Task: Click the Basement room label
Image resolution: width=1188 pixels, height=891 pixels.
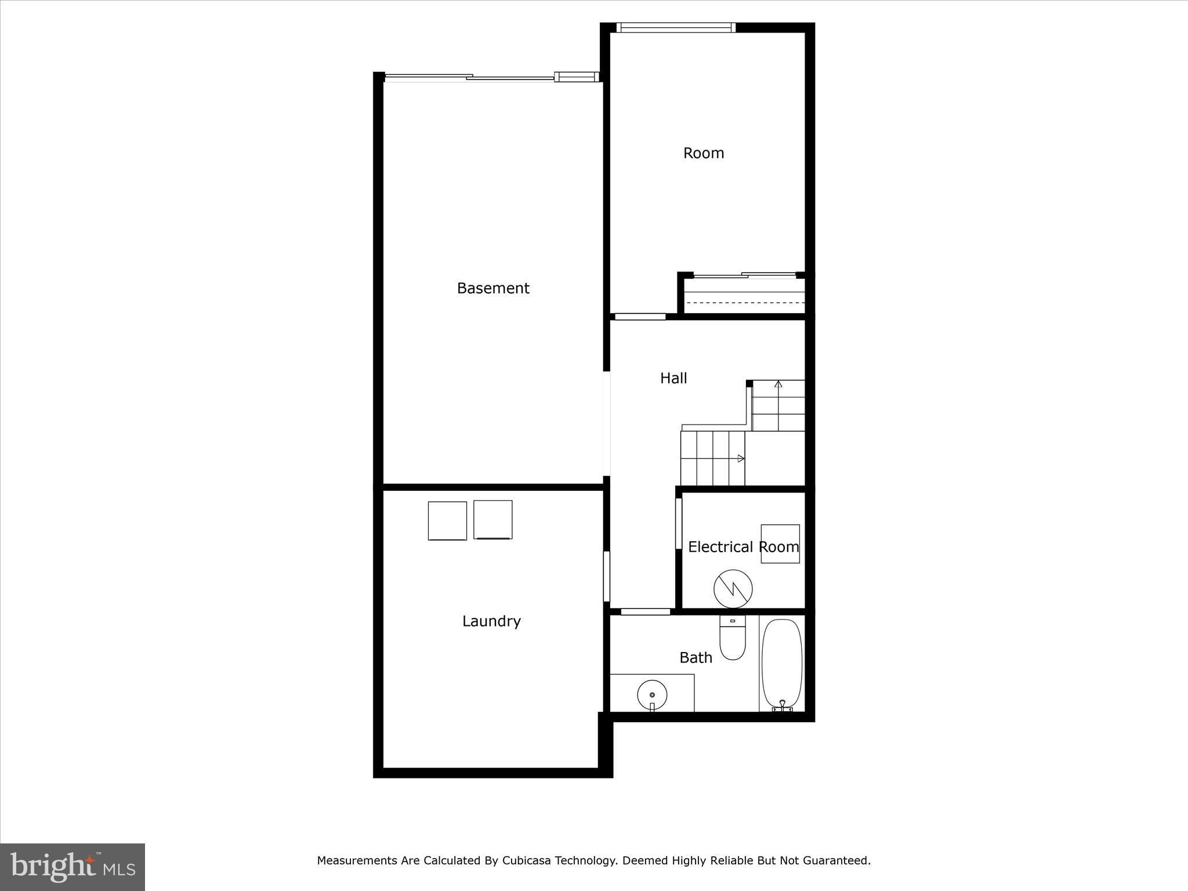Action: point(493,288)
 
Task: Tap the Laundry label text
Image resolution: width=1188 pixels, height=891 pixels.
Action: point(491,621)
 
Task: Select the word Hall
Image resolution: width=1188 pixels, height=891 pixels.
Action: point(673,378)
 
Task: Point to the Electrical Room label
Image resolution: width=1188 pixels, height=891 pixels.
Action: point(743,547)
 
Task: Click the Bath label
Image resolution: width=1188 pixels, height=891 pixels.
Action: point(696,658)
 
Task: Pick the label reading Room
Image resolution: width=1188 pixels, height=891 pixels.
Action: point(704,153)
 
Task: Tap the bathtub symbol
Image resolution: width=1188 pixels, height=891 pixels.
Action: point(782,664)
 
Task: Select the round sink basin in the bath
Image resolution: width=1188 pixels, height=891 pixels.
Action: point(652,694)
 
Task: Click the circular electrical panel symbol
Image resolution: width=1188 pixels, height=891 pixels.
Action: point(733,589)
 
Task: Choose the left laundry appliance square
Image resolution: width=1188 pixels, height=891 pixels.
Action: point(447,521)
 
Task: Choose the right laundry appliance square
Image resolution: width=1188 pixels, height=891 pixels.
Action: point(493,520)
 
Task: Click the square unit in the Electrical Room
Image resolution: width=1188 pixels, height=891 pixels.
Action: point(780,544)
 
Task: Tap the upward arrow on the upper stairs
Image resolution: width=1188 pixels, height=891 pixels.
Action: point(778,384)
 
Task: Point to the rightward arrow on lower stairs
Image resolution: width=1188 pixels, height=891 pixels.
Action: point(740,458)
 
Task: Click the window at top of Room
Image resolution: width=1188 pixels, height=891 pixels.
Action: point(675,27)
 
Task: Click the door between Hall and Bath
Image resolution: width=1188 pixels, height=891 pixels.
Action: point(646,611)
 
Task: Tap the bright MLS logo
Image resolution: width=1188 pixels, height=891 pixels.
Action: point(73,867)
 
